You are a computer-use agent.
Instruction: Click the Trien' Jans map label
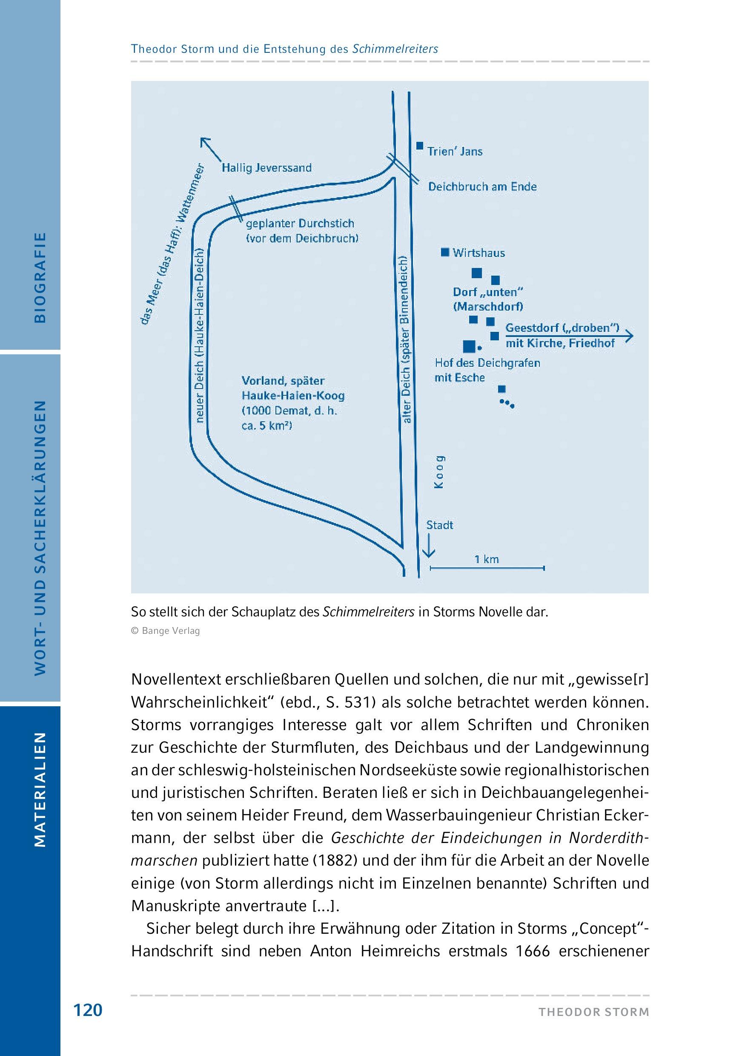coord(455,152)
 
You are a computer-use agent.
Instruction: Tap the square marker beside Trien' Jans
coord(420,145)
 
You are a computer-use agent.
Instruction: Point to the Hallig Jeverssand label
coord(266,168)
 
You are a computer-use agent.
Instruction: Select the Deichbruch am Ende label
coord(482,187)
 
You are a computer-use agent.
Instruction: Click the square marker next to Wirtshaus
coord(444,252)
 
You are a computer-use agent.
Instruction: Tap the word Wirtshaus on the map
coord(479,253)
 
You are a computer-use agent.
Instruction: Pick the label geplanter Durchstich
coord(300,224)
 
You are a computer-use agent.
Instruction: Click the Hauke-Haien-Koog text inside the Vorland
coord(293,396)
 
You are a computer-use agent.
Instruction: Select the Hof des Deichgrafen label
coord(487,363)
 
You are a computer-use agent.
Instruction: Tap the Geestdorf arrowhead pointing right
coord(630,336)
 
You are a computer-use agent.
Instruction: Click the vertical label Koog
coord(439,472)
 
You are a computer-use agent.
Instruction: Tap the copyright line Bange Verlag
coord(166,631)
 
